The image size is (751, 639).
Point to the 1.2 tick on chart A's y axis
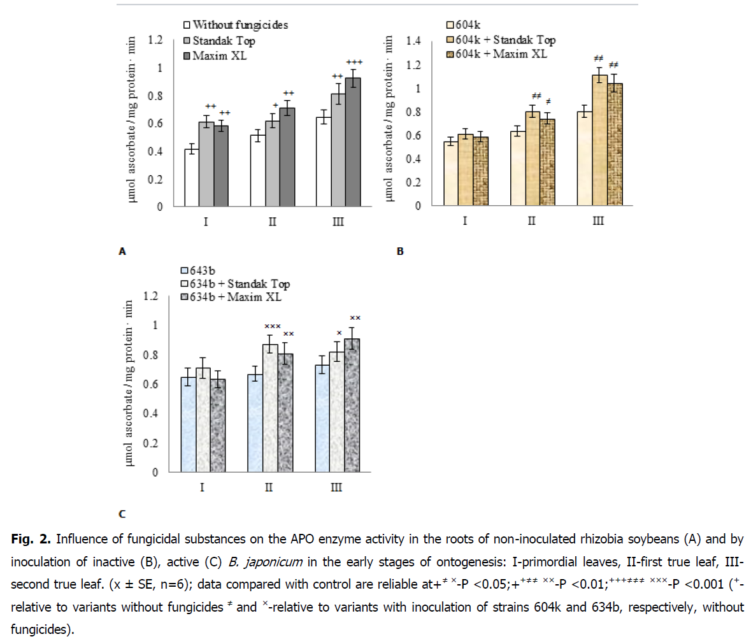154,40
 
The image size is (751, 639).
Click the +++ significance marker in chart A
354,62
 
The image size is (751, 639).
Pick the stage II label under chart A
272,222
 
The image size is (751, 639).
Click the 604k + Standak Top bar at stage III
599,140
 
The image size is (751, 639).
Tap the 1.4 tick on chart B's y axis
415,41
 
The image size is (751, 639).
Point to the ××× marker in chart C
272,327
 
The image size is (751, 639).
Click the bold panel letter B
400,252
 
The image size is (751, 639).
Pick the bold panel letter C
123,513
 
